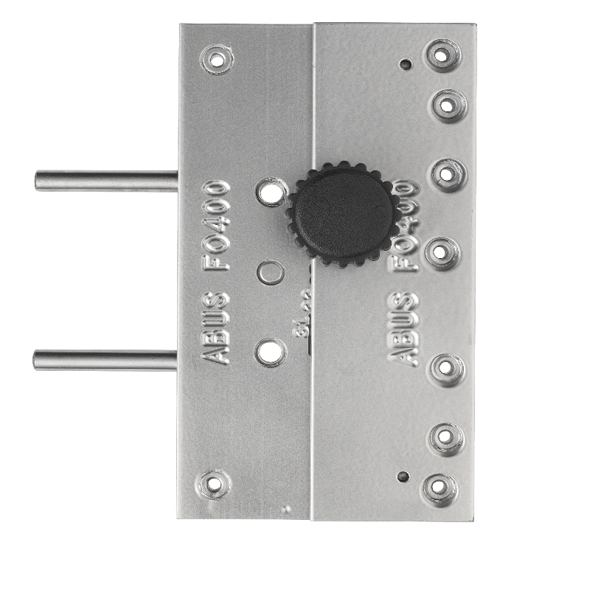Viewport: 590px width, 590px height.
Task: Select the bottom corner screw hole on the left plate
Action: tap(215, 484)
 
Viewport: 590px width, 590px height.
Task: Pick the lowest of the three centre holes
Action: tap(270, 352)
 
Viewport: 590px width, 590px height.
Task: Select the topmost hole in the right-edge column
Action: tap(441, 55)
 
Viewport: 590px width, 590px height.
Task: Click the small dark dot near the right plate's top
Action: tap(403, 64)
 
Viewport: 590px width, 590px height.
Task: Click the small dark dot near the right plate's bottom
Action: tap(400, 476)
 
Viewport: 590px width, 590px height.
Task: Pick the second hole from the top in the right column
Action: tap(448, 105)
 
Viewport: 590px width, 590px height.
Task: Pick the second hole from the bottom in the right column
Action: tap(445, 437)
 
